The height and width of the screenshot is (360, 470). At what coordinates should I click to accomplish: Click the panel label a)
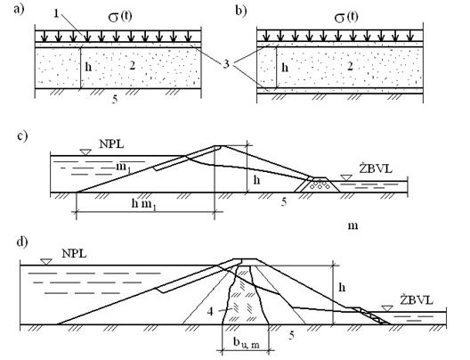tap(19, 9)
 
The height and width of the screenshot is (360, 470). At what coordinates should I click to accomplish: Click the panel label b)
tap(240, 11)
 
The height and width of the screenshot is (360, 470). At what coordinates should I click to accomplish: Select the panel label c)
tap(22, 136)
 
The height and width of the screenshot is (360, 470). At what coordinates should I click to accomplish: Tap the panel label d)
tap(22, 241)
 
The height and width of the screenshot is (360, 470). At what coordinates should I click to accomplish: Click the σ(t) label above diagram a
tap(120, 17)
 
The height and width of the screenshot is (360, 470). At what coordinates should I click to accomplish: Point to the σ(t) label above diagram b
tap(346, 18)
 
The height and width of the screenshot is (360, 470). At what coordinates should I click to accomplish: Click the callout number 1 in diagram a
tap(56, 13)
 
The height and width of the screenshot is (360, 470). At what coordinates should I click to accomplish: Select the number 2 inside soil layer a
tap(132, 65)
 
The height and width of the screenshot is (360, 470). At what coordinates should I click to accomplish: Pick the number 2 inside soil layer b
tap(350, 66)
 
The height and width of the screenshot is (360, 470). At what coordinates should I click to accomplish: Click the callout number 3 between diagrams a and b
tap(226, 64)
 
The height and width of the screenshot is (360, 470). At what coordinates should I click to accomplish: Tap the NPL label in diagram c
tap(111, 144)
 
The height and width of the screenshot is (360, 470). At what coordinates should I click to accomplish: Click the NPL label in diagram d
tap(74, 254)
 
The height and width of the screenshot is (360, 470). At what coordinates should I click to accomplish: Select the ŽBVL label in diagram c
tap(376, 169)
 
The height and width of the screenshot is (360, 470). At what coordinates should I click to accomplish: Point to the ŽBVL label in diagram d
tap(417, 300)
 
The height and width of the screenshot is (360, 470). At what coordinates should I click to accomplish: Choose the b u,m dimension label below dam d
tap(247, 343)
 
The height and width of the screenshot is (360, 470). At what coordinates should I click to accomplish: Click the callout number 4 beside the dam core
tap(210, 311)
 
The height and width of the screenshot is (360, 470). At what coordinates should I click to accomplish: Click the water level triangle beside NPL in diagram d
tap(46, 262)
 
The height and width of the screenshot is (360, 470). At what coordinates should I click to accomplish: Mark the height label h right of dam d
tap(342, 288)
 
